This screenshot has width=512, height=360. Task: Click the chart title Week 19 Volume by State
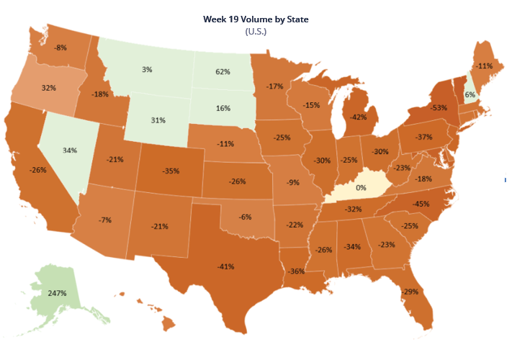(256, 19)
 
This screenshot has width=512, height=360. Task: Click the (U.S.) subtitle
(256, 32)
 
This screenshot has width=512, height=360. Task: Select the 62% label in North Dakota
(223, 72)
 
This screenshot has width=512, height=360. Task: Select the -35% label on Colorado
(171, 172)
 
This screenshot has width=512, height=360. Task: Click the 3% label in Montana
(147, 69)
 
